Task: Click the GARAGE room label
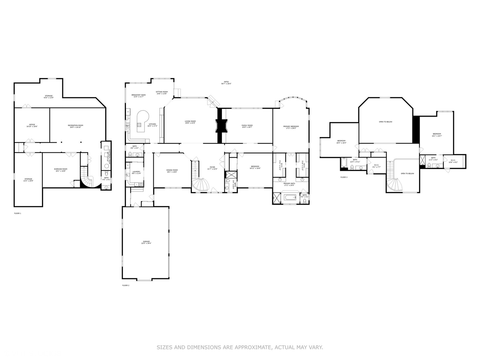(x=146, y=241)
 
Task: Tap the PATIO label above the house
(x=226, y=81)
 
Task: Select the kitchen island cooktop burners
(x=139, y=125)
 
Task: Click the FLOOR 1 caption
(x=17, y=213)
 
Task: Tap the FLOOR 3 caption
(x=344, y=177)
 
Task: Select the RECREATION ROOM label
(x=75, y=125)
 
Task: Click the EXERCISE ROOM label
(x=61, y=169)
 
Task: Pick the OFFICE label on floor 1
(x=32, y=125)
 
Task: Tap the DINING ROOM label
(x=172, y=170)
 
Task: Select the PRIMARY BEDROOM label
(x=291, y=126)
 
